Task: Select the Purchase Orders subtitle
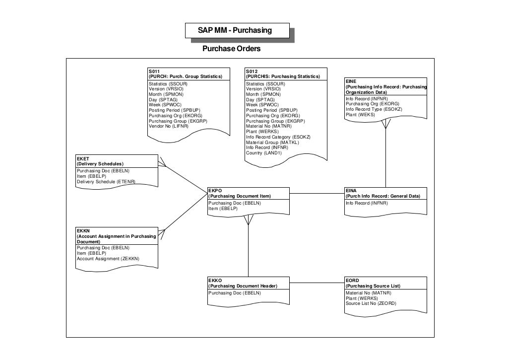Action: [231, 49]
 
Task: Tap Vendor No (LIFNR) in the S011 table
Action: [169, 126]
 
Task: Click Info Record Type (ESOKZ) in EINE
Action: [374, 109]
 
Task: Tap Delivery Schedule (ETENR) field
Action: [106, 182]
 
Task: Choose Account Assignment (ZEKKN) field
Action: [108, 259]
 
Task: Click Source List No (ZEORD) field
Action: [371, 303]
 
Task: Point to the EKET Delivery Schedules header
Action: [100, 161]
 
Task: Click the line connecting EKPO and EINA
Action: [317, 193]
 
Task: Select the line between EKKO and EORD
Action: [317, 283]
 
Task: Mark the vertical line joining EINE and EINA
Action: [385, 159]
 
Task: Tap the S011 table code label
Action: [154, 72]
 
